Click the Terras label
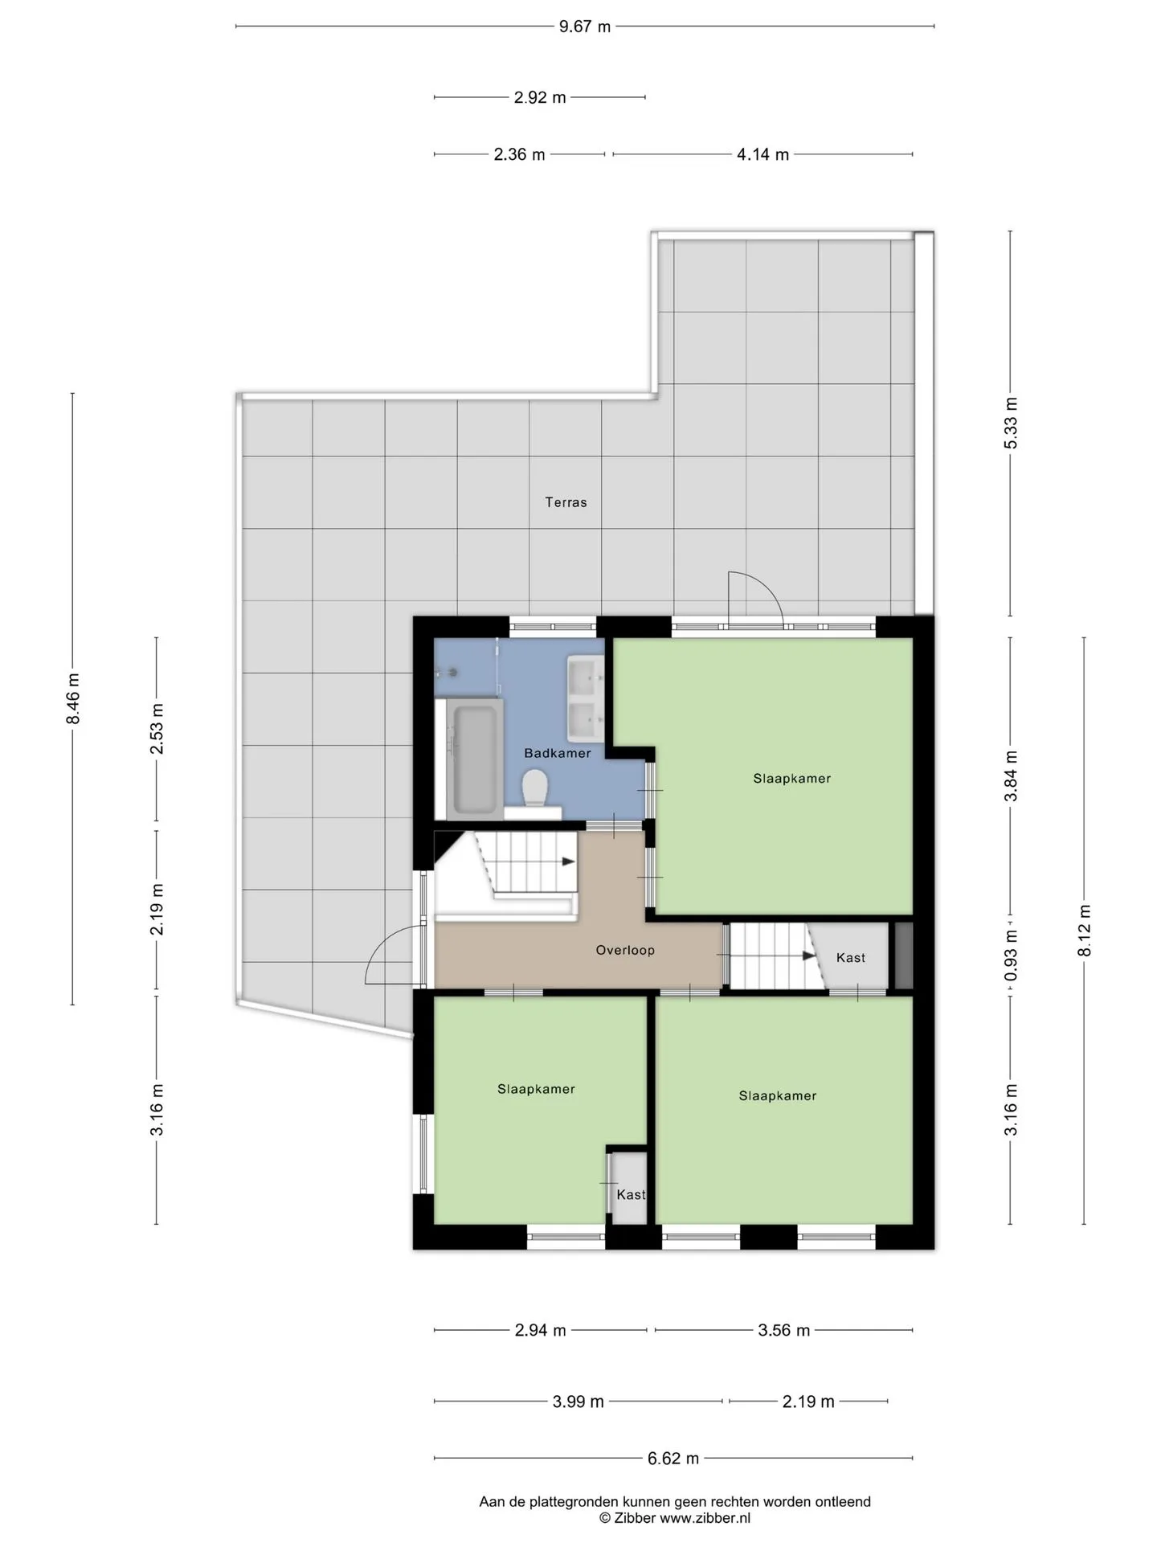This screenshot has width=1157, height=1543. (566, 502)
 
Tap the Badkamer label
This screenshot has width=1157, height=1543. (557, 753)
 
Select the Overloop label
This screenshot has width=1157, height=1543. (625, 950)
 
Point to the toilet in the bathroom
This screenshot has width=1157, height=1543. (534, 788)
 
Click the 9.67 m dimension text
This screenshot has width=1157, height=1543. (585, 27)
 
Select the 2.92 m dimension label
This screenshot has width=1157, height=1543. (540, 97)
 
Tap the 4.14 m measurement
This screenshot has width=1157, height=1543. (762, 154)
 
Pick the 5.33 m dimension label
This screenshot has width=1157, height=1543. (1012, 423)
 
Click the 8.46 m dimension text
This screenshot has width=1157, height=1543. (73, 698)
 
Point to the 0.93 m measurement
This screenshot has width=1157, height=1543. (1012, 955)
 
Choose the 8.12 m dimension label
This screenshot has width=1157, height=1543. (1085, 931)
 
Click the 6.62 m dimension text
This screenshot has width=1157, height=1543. (673, 1458)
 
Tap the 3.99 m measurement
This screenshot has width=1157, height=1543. (578, 1402)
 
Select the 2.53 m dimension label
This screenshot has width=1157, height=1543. (157, 728)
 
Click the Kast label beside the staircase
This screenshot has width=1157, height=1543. (851, 957)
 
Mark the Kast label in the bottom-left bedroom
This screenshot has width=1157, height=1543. (631, 1194)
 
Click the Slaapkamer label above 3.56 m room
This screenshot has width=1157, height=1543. (778, 1095)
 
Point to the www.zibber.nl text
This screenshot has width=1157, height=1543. (705, 1518)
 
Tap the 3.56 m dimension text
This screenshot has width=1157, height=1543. (784, 1330)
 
